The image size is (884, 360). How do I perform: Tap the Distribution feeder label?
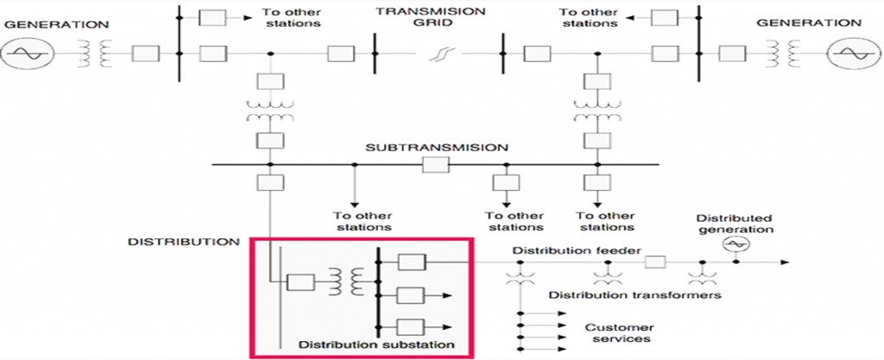coord(562,251)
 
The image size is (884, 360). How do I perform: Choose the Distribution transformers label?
coord(635,295)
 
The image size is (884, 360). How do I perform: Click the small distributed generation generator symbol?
coord(736,245)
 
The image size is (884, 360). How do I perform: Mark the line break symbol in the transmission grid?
coord(439,55)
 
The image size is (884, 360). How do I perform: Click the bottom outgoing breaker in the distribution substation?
coord(411,327)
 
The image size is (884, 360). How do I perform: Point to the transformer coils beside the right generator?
coord(789,54)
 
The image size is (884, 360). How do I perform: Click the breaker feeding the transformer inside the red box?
coord(300,282)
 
